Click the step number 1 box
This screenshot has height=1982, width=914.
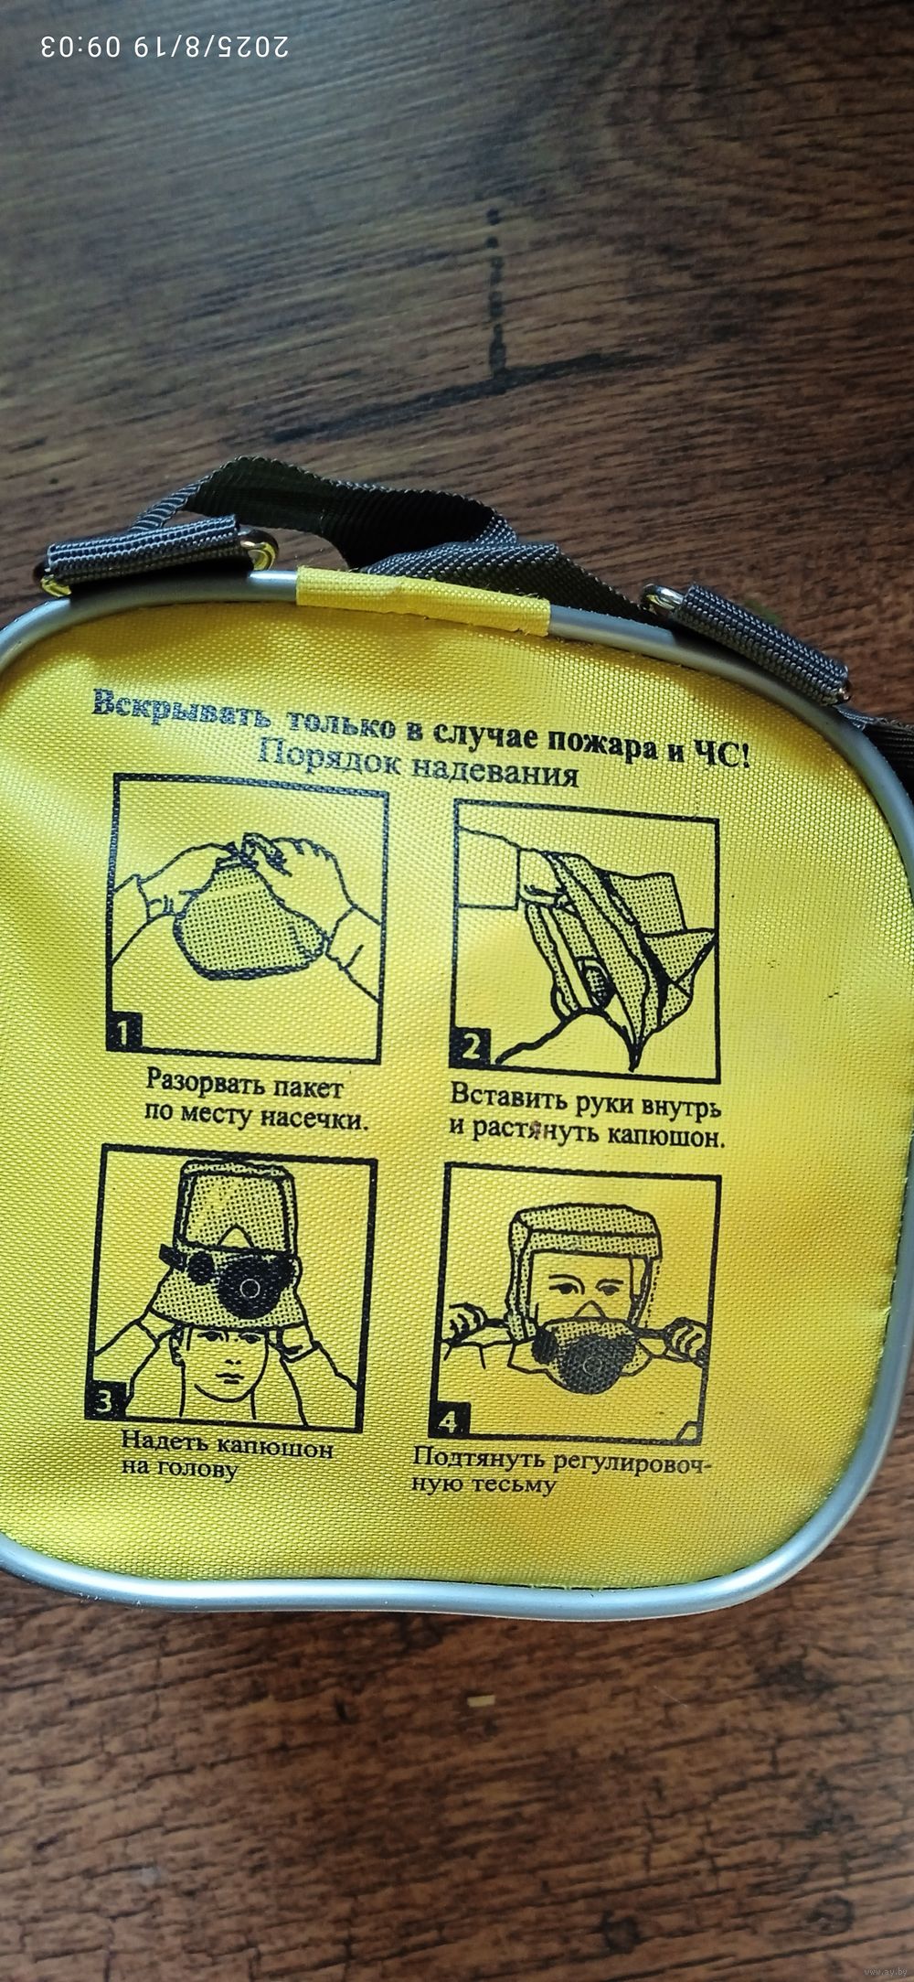(x=125, y=1034)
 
